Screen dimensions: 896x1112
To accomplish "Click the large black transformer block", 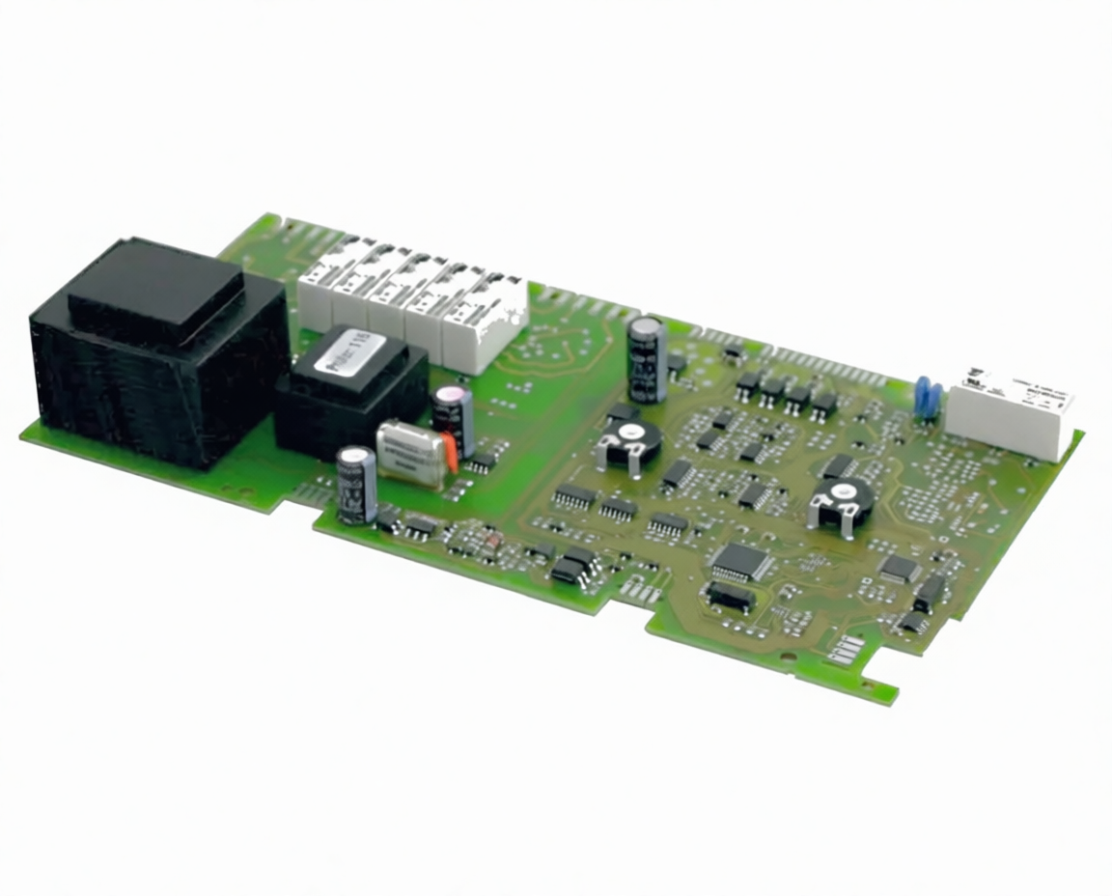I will [159, 352].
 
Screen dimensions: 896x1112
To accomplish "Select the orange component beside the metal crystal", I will [449, 452].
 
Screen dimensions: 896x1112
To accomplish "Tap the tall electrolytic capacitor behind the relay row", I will [646, 359].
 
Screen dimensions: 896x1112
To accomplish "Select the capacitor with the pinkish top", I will [454, 420].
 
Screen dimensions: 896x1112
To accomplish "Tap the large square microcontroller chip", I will [741, 561].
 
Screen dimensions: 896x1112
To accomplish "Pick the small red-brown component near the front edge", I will [490, 544].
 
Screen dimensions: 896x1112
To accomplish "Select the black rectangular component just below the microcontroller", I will [730, 597].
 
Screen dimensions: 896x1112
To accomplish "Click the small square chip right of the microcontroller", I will [899, 568].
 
